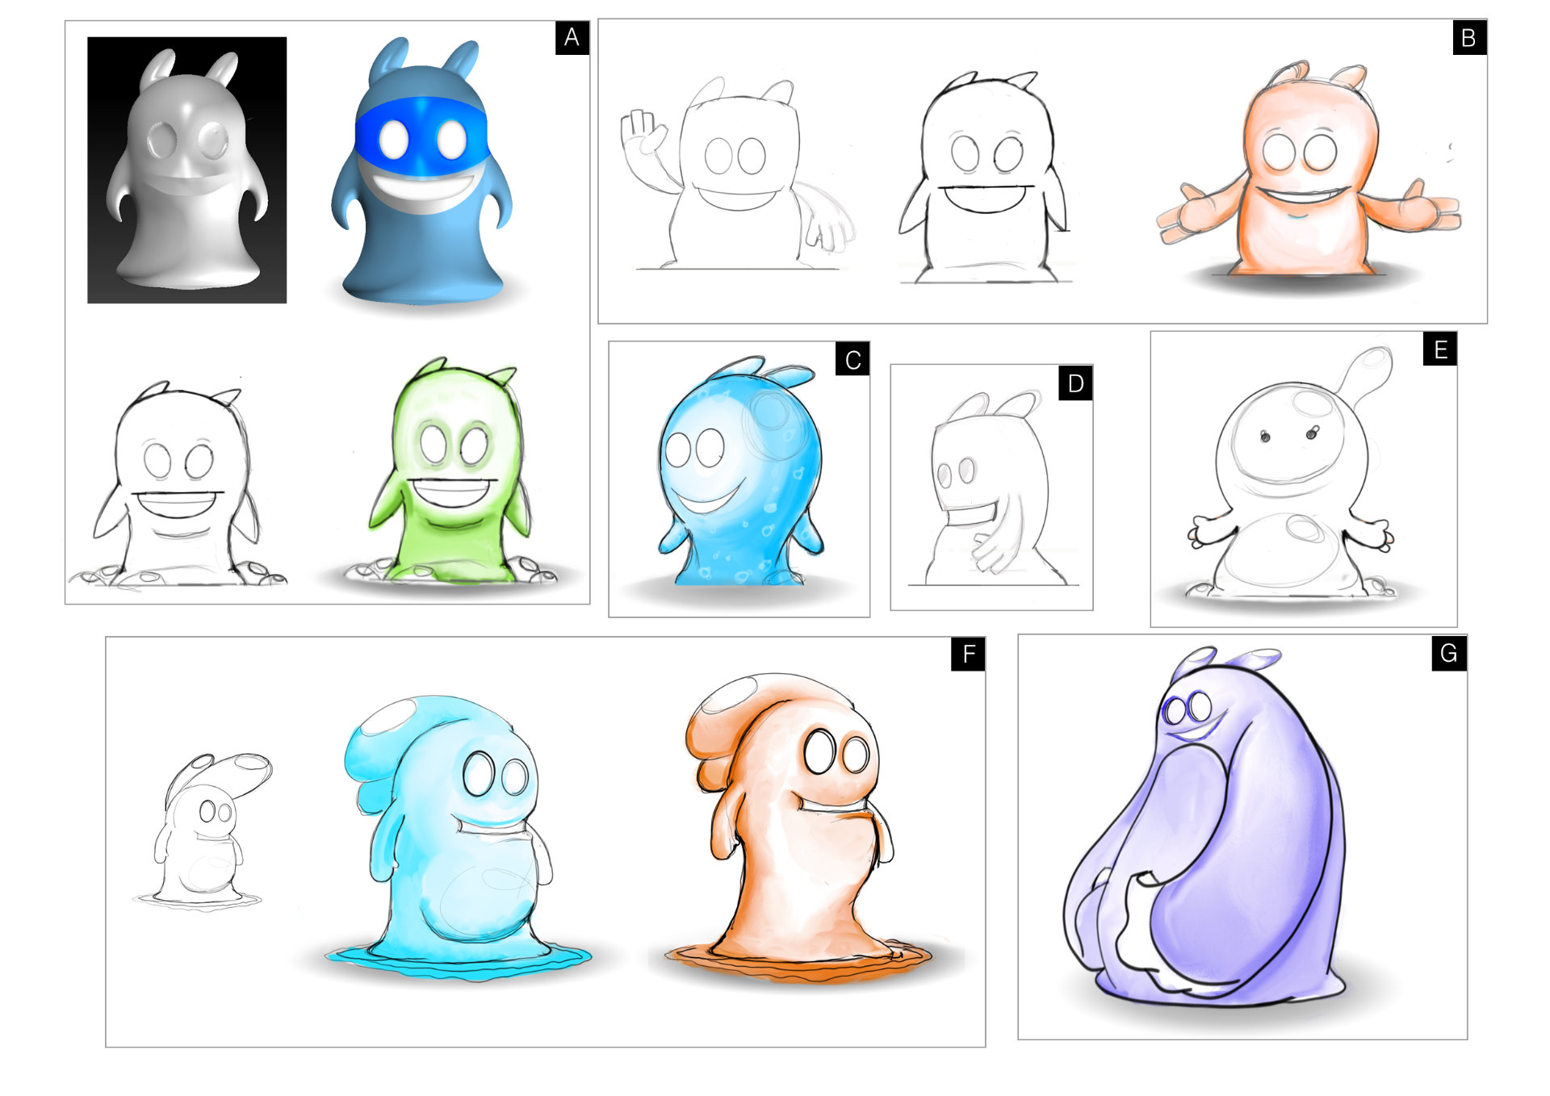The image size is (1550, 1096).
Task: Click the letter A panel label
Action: [x=572, y=38]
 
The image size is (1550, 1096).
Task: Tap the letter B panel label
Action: [x=1468, y=38]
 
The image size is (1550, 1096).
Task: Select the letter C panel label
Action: [x=852, y=360]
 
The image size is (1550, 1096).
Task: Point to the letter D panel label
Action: [x=1075, y=383]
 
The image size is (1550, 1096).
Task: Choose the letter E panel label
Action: [x=1440, y=349]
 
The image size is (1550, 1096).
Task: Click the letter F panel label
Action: [x=968, y=654]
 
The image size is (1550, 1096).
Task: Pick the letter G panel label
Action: [x=1449, y=653]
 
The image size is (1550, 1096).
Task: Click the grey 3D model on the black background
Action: [x=187, y=169]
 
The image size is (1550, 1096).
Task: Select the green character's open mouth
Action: [x=451, y=492]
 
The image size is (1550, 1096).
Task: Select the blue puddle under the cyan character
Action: [x=459, y=960]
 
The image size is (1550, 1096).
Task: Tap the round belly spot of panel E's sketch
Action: [x=1303, y=529]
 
